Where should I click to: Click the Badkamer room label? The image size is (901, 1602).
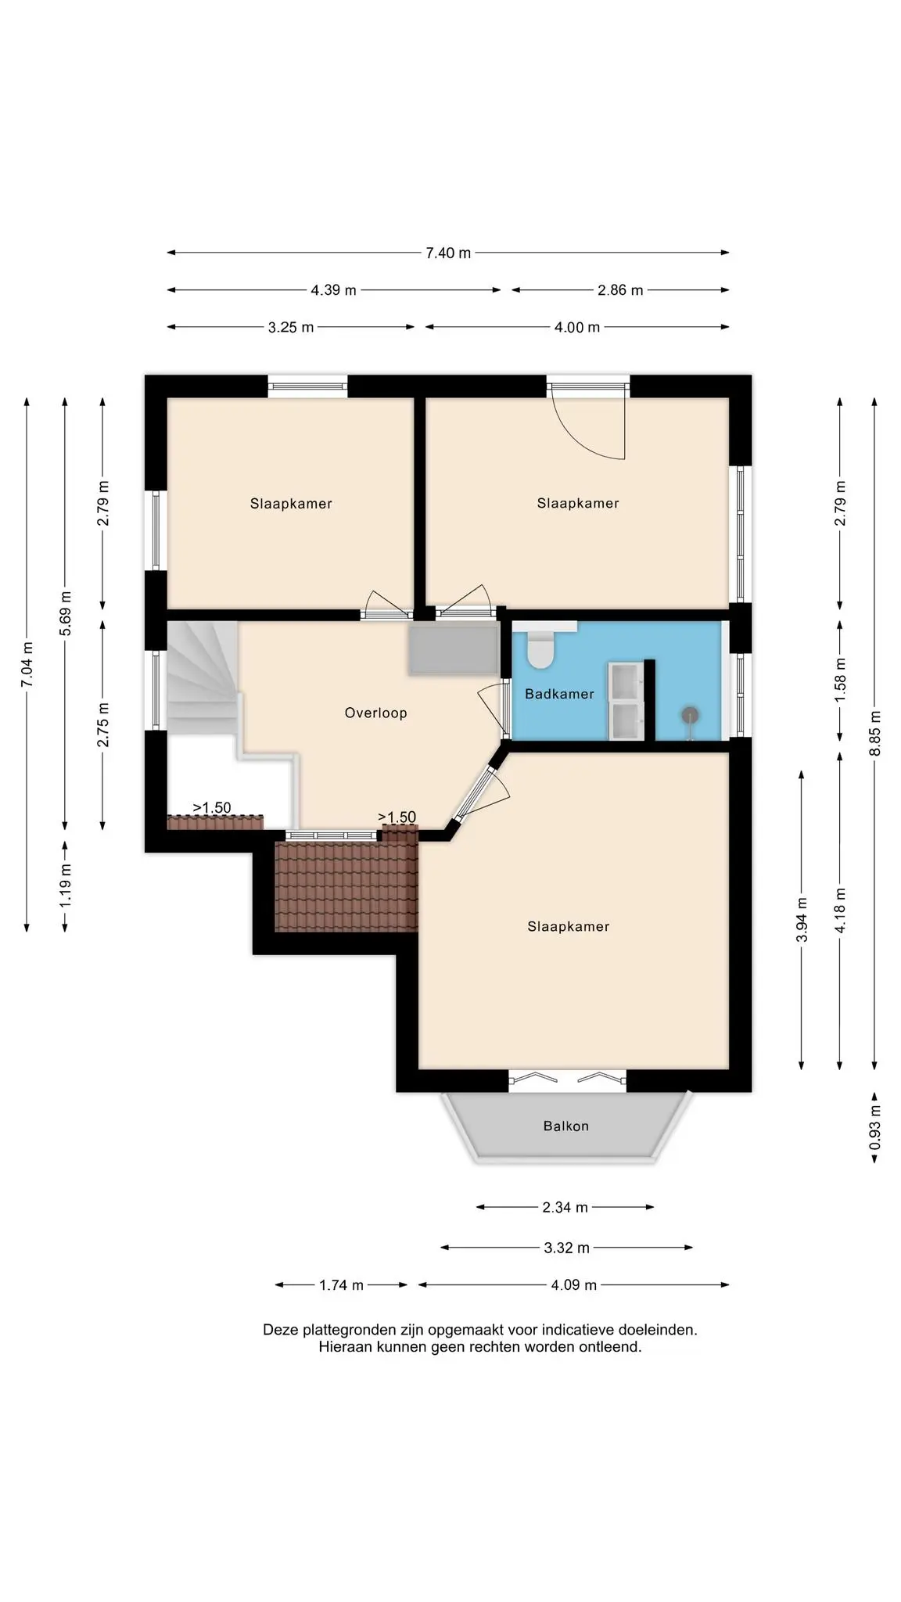click(559, 694)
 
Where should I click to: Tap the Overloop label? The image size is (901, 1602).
click(376, 713)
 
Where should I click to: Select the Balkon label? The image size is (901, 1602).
click(566, 1126)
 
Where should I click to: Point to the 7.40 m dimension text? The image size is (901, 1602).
click(448, 253)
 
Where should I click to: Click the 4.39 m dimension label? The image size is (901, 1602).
click(333, 290)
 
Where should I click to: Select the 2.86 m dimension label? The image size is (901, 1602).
click(620, 290)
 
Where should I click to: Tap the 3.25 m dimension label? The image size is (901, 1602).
click(291, 327)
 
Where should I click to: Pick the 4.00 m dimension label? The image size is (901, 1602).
click(577, 327)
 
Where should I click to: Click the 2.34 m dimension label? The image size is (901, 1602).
click(565, 1207)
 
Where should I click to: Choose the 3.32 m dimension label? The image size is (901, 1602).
click(567, 1248)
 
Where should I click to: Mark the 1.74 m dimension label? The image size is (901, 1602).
click(341, 1284)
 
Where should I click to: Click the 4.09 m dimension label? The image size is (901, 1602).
click(574, 1284)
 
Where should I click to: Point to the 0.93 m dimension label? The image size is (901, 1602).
click(875, 1127)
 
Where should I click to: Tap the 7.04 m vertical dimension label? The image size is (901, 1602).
click(27, 665)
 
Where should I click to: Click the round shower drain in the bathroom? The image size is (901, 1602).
click(690, 714)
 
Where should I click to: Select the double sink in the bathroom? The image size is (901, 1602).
click(626, 701)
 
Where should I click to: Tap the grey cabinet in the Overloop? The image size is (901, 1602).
click(453, 649)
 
